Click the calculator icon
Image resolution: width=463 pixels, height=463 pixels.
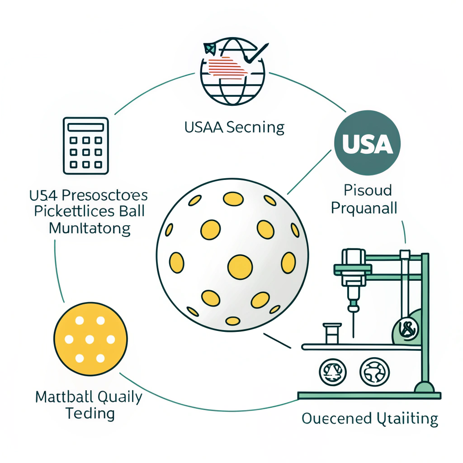pyautogui.click(x=86, y=146)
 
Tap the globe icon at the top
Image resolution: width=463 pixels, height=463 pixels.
pyautogui.click(x=232, y=73)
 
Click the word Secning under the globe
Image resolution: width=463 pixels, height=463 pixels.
pyautogui.click(x=255, y=128)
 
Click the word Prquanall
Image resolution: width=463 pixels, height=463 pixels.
pyautogui.click(x=364, y=208)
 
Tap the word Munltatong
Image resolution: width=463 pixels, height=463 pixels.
pyautogui.click(x=89, y=228)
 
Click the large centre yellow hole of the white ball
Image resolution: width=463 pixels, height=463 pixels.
pyautogui.click(x=240, y=266)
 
